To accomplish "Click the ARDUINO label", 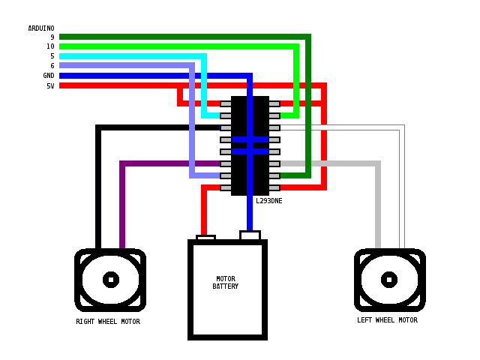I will pyautogui.click(x=41, y=28).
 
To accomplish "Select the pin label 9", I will pyautogui.click(x=52, y=37).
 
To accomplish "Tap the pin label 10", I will pyautogui.click(x=50, y=46).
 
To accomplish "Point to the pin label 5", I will pyautogui.click(x=52, y=56).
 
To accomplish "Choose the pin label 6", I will pyautogui.click(x=52, y=66).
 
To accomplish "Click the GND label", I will pyautogui.click(x=49, y=76).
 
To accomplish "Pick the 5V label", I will pyautogui.click(x=50, y=85).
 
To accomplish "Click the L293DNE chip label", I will pyautogui.click(x=268, y=201).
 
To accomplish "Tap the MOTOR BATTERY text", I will pyautogui.click(x=226, y=283).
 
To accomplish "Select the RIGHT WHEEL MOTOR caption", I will pyautogui.click(x=108, y=322).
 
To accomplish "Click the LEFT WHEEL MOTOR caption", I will pyautogui.click(x=387, y=320).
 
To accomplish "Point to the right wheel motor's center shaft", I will pyautogui.click(x=111, y=280).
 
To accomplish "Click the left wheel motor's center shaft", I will pyautogui.click(x=389, y=280).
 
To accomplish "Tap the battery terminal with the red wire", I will pyautogui.click(x=205, y=238).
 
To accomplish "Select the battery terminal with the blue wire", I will pyautogui.click(x=250, y=235).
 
